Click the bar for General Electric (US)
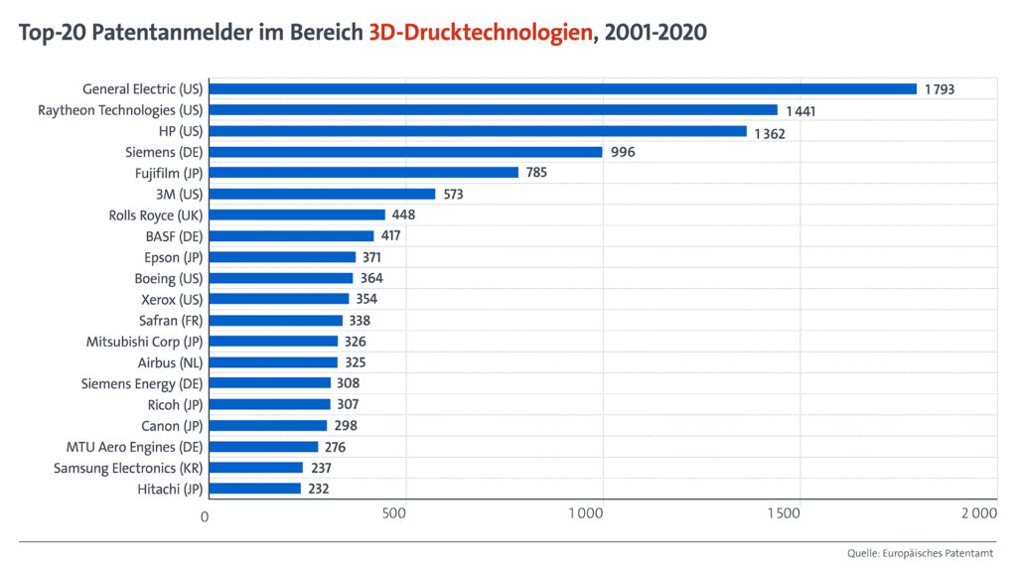(562, 89)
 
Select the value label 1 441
(800, 110)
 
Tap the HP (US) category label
(181, 131)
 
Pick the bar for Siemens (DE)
(406, 152)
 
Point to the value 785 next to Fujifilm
(536, 173)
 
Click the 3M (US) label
(178, 194)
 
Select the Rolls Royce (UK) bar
(297, 214)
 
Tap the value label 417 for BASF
(390, 236)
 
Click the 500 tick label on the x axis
(394, 514)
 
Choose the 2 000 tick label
(978, 514)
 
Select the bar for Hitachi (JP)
(255, 489)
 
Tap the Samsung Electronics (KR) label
(128, 468)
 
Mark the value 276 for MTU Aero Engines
(335, 447)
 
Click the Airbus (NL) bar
(273, 362)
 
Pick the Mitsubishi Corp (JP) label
(144, 342)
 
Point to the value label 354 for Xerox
(366, 299)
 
